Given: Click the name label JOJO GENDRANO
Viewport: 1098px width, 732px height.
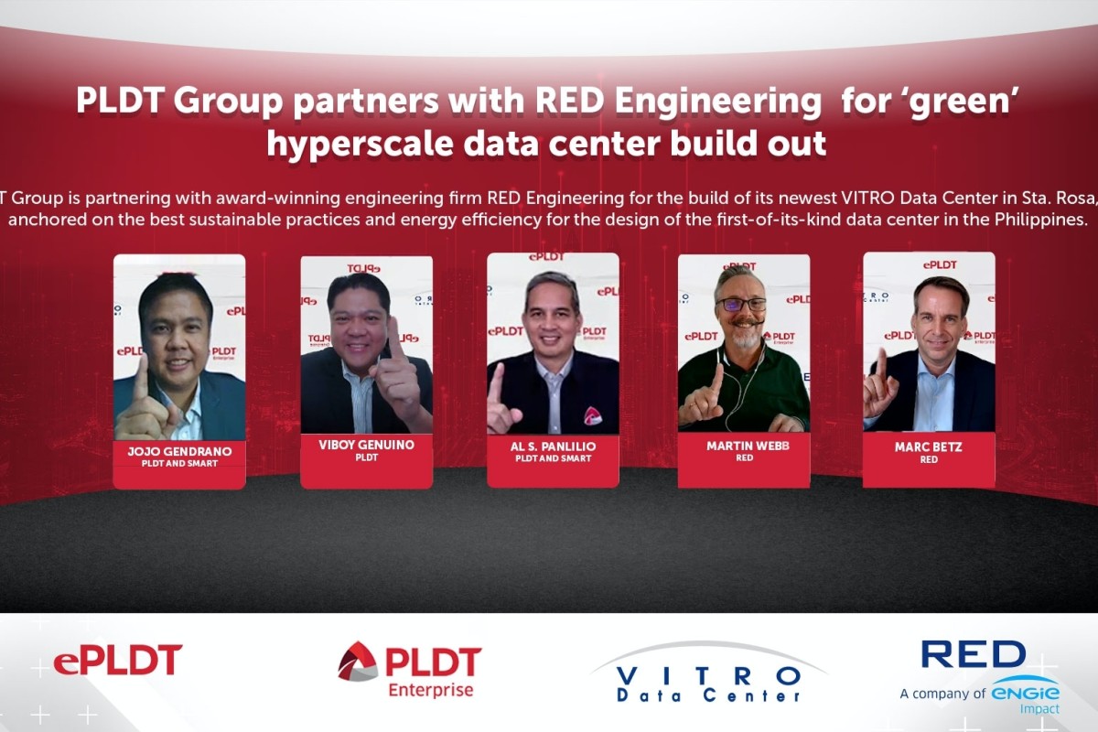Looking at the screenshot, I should pyautogui.click(x=178, y=452).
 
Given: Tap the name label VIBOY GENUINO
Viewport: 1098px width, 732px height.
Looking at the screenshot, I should pyautogui.click(x=366, y=445).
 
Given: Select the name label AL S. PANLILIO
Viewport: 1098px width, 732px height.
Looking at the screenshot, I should pyautogui.click(x=553, y=446).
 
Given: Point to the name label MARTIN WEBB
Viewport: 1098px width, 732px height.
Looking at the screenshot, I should pyautogui.click(x=743, y=446).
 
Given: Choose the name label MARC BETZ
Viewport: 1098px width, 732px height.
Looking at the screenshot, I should pyautogui.click(x=929, y=447).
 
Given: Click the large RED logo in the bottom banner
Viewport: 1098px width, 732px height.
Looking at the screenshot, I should pyautogui.click(x=973, y=654).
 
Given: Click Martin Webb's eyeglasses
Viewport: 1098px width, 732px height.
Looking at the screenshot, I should pyautogui.click(x=742, y=304).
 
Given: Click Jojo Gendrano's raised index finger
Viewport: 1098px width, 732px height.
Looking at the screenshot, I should pyautogui.click(x=140, y=375).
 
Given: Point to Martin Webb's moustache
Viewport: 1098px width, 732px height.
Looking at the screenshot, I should pyautogui.click(x=745, y=322).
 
